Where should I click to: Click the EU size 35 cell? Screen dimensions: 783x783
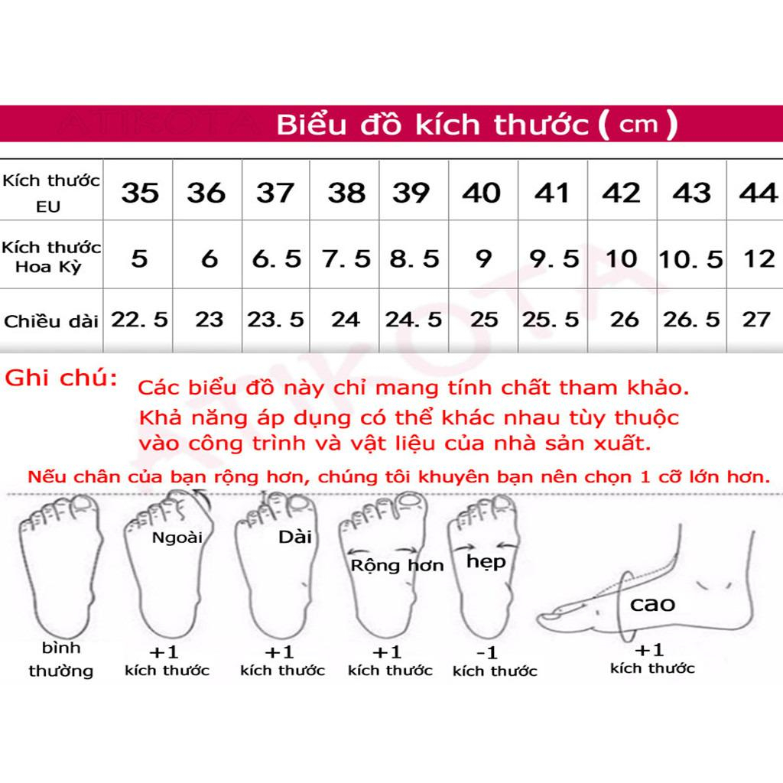coord(139,193)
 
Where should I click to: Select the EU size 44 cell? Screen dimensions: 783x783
coord(758,193)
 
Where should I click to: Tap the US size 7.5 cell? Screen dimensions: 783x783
coord(346,258)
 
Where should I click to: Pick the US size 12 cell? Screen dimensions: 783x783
coord(759,258)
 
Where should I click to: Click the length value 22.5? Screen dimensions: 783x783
coord(139,318)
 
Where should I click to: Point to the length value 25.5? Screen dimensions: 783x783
coord(551,318)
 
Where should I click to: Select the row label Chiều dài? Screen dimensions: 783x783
coord(51,320)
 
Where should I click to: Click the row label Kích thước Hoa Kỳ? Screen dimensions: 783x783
coord(51,257)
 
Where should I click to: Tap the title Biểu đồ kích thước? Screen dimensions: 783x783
coord(433,125)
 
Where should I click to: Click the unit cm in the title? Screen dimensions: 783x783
coord(638,124)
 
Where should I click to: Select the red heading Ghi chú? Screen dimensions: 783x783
coord(62,378)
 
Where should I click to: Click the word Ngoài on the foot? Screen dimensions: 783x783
coord(177,537)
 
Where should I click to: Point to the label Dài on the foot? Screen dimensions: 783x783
coord(296,536)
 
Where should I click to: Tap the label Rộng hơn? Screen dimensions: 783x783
coord(397,566)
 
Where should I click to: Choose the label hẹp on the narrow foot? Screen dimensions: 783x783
coord(486,561)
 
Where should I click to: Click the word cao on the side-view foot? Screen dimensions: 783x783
coord(652,604)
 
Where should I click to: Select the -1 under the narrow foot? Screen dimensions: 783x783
coord(486,653)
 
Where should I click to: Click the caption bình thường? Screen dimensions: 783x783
coord(61,660)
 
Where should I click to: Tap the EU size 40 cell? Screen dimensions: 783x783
coord(481,193)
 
